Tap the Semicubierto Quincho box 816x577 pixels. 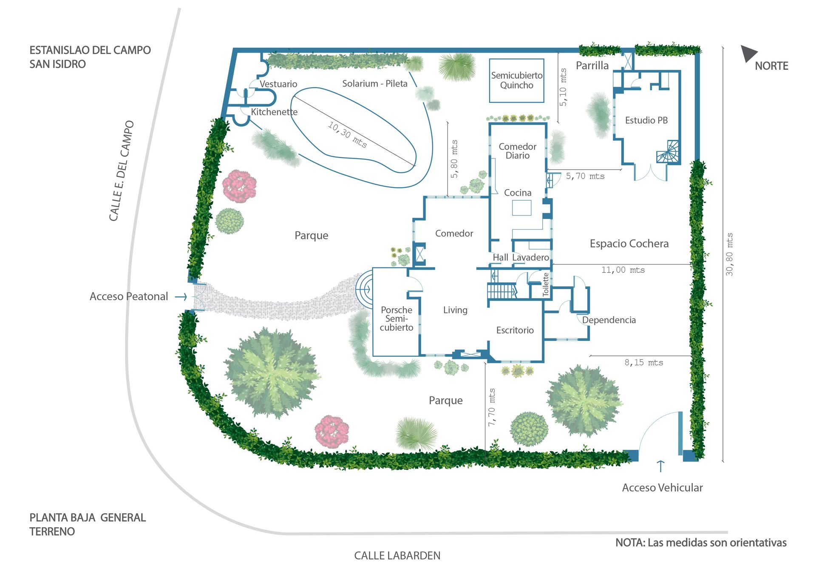coord(516,80)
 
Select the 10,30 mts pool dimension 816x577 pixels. coord(347,134)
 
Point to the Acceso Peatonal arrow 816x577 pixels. coord(181,296)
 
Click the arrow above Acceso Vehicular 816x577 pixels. coord(660,466)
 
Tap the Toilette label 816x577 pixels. coord(546,284)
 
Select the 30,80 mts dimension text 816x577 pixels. coord(729,254)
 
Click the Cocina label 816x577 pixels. coord(518,193)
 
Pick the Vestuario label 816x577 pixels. coord(278,84)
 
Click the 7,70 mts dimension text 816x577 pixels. coord(492,407)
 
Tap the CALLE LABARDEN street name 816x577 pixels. coord(397,555)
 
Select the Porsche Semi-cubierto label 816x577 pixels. coord(397,318)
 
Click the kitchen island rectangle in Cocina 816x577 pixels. coord(521,207)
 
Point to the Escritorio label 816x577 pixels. coord(515,330)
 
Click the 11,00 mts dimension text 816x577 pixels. coord(623,270)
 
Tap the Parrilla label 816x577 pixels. coord(592,65)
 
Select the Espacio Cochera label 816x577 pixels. coord(629,244)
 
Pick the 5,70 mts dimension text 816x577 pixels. coord(585,176)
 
